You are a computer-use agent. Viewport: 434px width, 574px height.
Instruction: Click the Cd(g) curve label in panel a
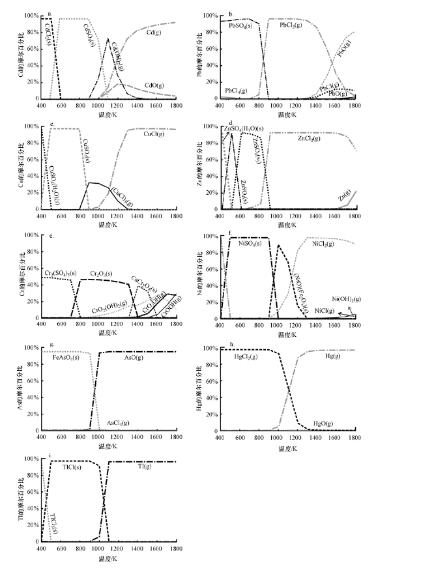click(x=155, y=30)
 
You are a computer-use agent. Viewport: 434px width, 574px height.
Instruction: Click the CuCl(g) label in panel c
click(x=154, y=136)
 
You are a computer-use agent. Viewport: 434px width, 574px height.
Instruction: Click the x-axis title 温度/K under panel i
click(x=108, y=559)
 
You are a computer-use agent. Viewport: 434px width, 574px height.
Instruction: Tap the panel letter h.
click(x=231, y=344)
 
